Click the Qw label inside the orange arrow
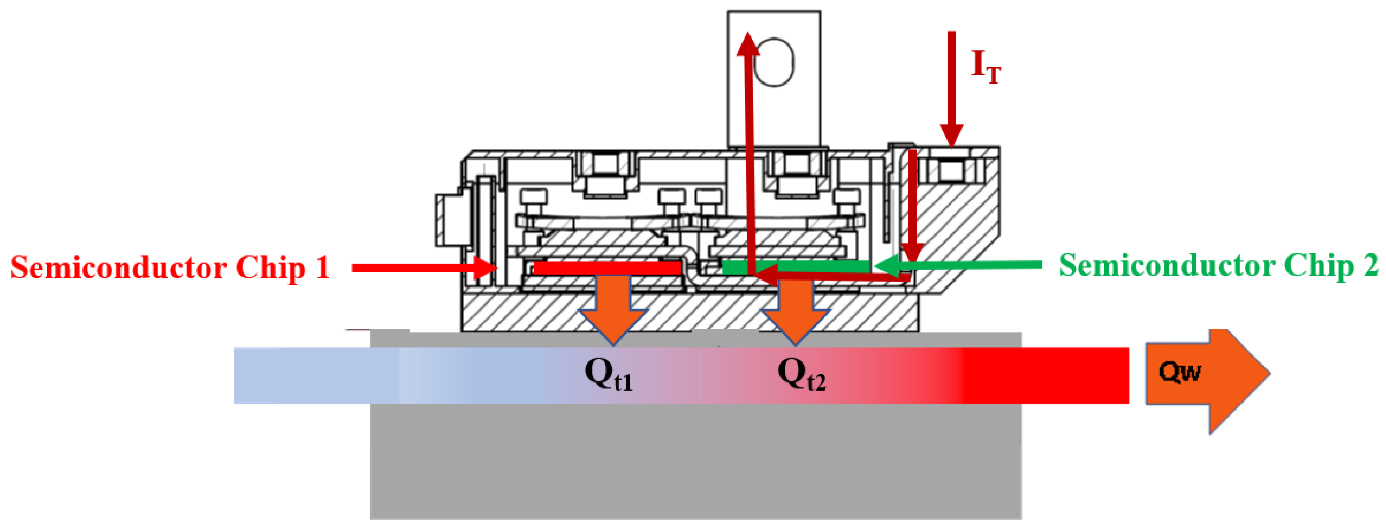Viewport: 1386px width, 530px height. click(x=1179, y=372)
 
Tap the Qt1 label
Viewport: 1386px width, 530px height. click(x=609, y=374)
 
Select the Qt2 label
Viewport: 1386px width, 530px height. click(x=801, y=374)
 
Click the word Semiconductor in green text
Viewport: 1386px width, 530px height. click(x=1165, y=266)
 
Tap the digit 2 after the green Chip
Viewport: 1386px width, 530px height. click(x=1370, y=266)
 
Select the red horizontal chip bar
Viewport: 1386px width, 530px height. click(x=607, y=268)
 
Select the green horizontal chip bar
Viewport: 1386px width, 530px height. click(x=795, y=267)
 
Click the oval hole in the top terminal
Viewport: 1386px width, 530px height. click(x=774, y=62)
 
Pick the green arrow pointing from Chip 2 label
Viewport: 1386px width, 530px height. click(x=958, y=264)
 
